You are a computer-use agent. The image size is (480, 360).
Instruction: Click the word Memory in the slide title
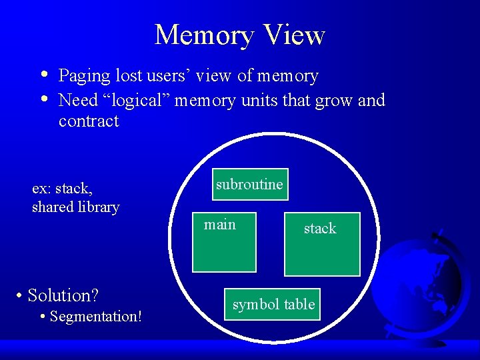pos(203,35)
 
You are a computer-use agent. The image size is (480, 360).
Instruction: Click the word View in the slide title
pos(294,35)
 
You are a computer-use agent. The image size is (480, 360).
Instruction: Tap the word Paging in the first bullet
pos(84,77)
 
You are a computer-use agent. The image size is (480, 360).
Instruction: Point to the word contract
pos(89,121)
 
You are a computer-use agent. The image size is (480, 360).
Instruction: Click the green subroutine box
pos(249,185)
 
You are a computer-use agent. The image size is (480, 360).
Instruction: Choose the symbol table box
pos(273,305)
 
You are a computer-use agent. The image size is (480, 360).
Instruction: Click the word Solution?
pos(63,295)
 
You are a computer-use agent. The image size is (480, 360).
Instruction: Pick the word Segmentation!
pos(95,317)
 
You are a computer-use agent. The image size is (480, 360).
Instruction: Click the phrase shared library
pos(75,207)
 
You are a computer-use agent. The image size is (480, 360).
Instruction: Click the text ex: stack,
pos(62,189)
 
